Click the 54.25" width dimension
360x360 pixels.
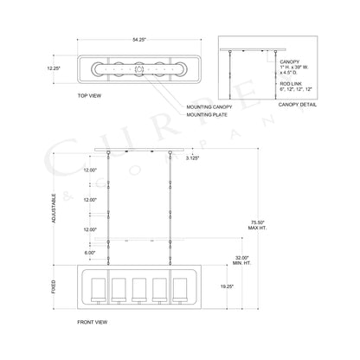[x=139, y=40]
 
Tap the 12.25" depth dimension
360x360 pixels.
[x=54, y=68]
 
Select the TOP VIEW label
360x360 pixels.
[x=89, y=95]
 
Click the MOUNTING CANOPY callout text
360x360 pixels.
[x=209, y=107]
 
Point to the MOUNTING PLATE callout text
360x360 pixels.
[x=207, y=115]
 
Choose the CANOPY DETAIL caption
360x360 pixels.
[x=298, y=105]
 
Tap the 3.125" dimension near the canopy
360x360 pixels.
[x=193, y=157]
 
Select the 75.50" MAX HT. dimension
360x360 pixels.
[x=258, y=225]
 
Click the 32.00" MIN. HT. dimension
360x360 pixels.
[x=241, y=260]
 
